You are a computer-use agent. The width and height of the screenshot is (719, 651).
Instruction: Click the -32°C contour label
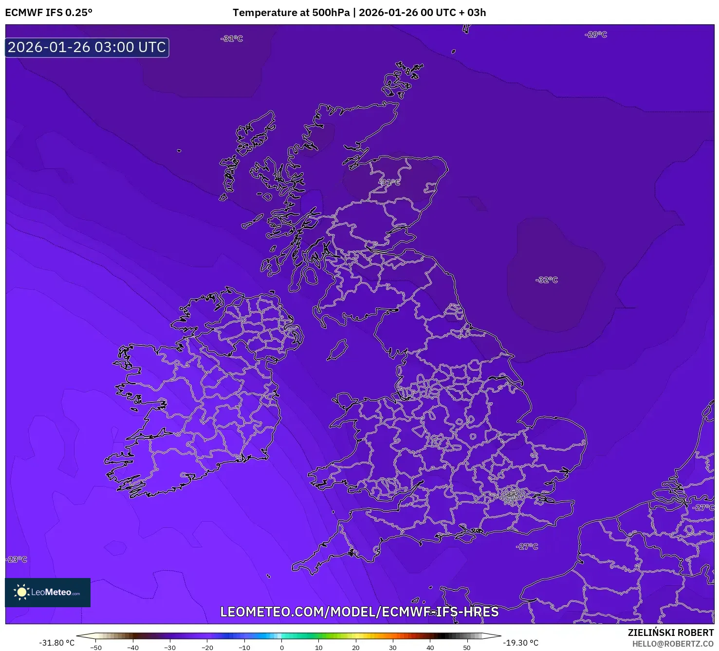547,280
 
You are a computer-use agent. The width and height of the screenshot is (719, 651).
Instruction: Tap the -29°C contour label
596,35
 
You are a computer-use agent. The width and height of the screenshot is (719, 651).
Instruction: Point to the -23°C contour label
17,559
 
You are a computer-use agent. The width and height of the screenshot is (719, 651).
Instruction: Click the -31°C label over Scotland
389,182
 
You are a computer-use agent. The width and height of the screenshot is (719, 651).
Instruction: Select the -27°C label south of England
527,546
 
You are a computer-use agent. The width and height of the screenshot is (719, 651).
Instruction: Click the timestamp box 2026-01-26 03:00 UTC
87,47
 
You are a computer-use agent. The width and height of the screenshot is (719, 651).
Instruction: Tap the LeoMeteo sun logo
21,592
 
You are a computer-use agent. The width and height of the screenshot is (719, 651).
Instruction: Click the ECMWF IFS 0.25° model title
49,13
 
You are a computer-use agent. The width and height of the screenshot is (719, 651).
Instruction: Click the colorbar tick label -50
96,648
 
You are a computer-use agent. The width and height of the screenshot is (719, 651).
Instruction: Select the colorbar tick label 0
282,648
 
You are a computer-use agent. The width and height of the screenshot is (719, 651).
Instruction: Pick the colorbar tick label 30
392,648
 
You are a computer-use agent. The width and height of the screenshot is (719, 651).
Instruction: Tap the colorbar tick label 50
466,648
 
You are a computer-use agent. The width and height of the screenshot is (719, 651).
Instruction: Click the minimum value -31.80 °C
57,643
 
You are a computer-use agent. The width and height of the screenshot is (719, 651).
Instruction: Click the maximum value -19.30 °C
520,643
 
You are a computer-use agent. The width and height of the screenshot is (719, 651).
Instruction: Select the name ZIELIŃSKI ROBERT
671,633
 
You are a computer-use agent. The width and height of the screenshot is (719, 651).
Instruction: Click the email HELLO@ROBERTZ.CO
673,644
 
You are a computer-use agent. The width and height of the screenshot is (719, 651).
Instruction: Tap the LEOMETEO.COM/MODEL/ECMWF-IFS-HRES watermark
359,612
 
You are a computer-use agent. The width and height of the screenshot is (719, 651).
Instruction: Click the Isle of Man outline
337,350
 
